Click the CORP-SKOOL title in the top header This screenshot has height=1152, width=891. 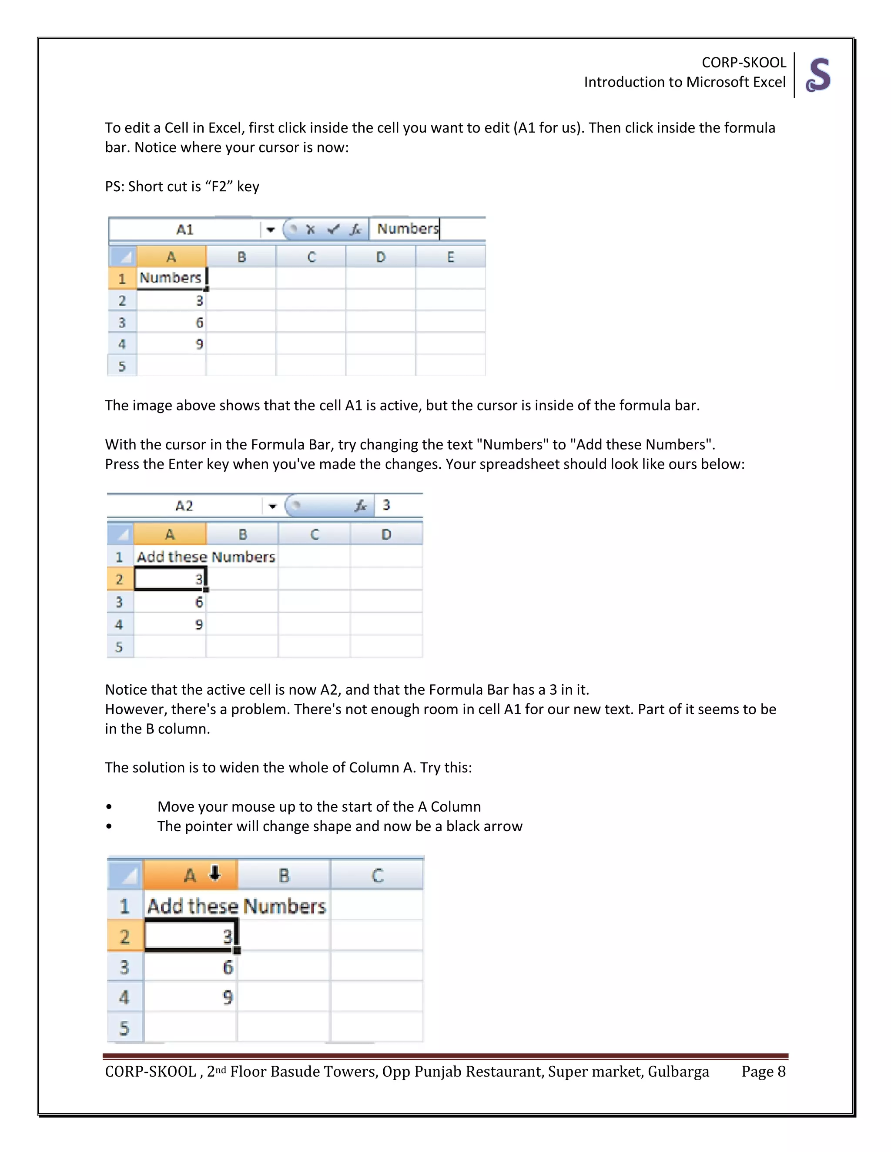[743, 62]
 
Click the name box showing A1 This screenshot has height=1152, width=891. [185, 230]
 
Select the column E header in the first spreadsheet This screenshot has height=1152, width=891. [450, 257]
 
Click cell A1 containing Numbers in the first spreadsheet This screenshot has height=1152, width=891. [171, 278]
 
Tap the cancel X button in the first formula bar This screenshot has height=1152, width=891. [310, 230]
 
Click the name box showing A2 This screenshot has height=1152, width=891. [184, 506]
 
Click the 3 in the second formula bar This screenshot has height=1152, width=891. [386, 505]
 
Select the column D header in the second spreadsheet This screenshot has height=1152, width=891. [386, 534]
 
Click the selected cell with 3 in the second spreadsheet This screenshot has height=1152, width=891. [170, 579]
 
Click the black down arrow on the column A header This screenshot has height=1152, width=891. [215, 873]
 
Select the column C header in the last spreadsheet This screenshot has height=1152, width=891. [377, 876]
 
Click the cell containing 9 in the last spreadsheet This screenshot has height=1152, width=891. [191, 997]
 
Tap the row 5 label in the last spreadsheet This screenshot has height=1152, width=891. [124, 1028]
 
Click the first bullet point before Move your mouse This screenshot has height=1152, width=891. [109, 807]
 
